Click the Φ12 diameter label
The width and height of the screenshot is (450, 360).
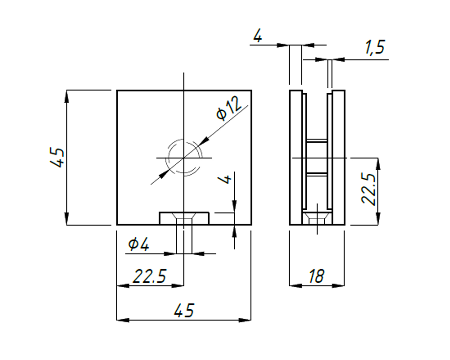(229, 108)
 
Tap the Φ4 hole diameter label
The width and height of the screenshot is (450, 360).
(139, 244)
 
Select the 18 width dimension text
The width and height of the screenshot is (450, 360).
(316, 276)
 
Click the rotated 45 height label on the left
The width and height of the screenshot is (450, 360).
(57, 157)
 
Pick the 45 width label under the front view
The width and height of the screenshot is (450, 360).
(184, 310)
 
